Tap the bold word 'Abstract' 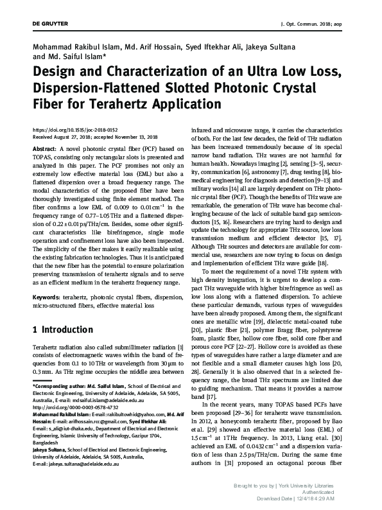44,148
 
